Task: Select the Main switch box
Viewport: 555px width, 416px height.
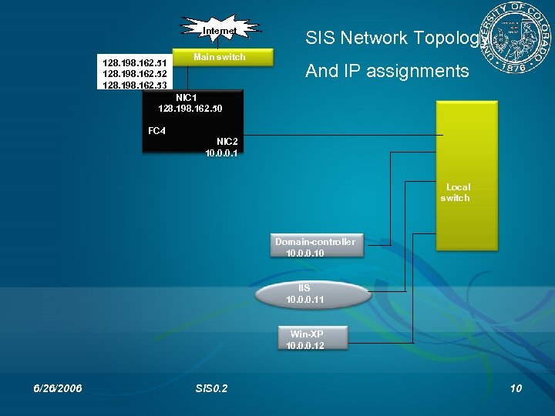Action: click(x=223, y=57)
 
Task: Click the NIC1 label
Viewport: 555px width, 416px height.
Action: click(x=187, y=98)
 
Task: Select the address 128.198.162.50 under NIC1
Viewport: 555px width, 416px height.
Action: click(x=190, y=109)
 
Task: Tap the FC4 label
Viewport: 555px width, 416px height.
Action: click(x=156, y=131)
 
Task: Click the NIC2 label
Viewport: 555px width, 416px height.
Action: click(x=227, y=142)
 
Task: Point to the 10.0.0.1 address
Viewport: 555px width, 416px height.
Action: click(x=221, y=153)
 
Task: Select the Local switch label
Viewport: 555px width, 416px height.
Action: click(x=456, y=193)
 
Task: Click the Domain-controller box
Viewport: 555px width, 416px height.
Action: click(x=315, y=247)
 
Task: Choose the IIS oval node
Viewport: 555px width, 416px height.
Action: click(x=312, y=294)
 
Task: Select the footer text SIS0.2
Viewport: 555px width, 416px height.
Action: click(x=212, y=388)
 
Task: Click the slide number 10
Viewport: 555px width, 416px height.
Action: click(x=516, y=388)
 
